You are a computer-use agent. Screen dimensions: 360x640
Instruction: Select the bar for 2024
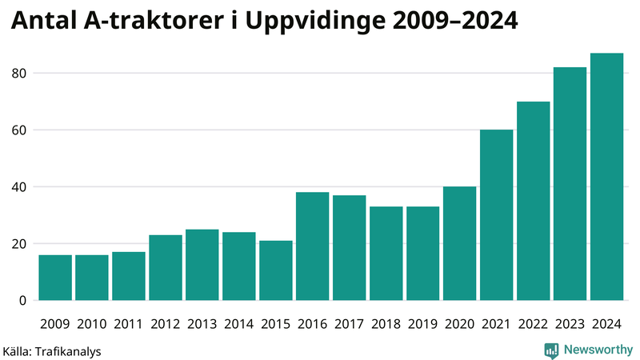pyautogui.click(x=606, y=177)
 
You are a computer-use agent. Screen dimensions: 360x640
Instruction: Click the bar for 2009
pyautogui.click(x=55, y=278)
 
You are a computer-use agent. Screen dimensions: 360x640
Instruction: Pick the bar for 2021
pyautogui.click(x=496, y=215)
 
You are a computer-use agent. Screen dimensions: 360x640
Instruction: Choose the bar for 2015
pyautogui.click(x=276, y=270)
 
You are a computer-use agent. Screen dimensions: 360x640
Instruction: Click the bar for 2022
pyautogui.click(x=533, y=201)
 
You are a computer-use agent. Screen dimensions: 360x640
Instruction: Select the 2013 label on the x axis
pyautogui.click(x=202, y=325)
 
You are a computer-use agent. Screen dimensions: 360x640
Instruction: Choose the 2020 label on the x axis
pyautogui.click(x=460, y=325)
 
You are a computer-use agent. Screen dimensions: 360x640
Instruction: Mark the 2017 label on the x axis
pyautogui.click(x=350, y=325)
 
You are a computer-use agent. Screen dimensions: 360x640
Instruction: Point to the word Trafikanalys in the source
pyautogui.click(x=69, y=350)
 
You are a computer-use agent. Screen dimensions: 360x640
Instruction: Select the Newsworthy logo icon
pyautogui.click(x=551, y=350)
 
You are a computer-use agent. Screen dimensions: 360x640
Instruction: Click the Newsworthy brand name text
pyautogui.click(x=597, y=350)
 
